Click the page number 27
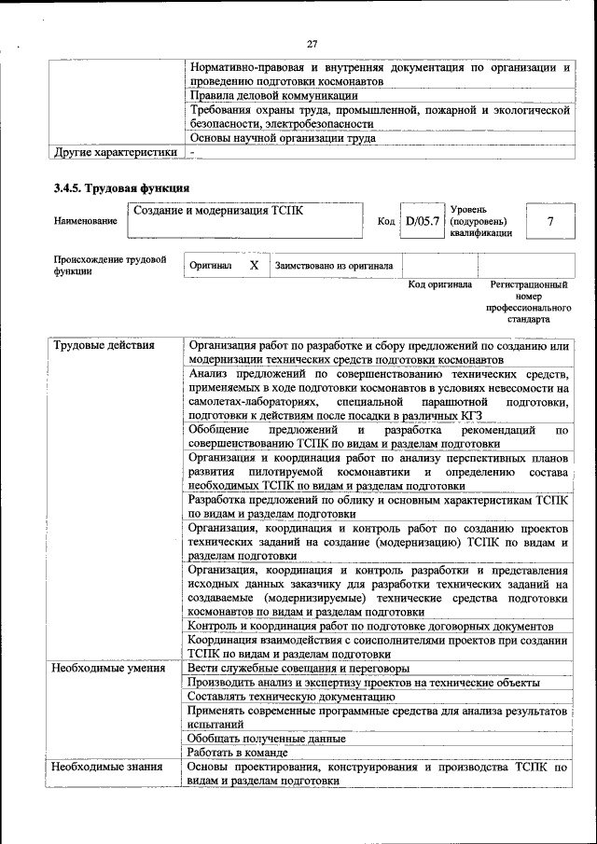[312, 43]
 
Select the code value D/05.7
[422, 221]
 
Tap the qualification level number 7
[550, 221]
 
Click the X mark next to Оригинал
[253, 266]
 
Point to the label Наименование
[86, 221]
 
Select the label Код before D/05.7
[386, 222]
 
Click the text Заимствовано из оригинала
[333, 266]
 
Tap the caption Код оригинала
[440, 284]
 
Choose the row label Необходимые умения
[109, 668]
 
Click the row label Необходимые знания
[107, 767]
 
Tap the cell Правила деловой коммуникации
[273, 95]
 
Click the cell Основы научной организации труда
[282, 137]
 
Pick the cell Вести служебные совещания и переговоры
[298, 668]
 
